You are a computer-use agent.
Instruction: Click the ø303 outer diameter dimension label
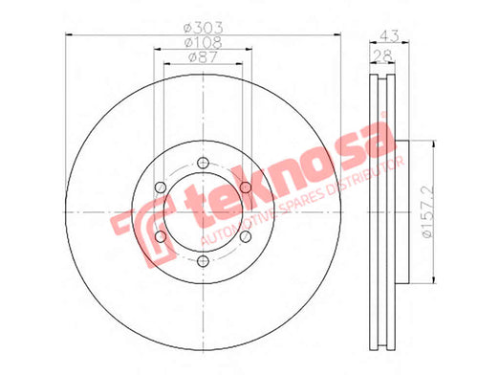coord(204,29)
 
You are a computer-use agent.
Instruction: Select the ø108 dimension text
coord(204,42)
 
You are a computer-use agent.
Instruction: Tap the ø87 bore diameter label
coord(203,57)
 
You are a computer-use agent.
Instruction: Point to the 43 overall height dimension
coord(389,36)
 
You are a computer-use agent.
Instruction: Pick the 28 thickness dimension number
coord(382,55)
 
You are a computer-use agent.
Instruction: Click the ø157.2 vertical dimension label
coord(427,211)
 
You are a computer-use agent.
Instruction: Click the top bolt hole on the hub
coord(203,163)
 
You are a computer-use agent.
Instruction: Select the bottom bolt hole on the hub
coord(203,261)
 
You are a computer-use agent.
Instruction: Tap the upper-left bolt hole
coord(161,187)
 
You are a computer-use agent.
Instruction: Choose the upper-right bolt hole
coord(246,187)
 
